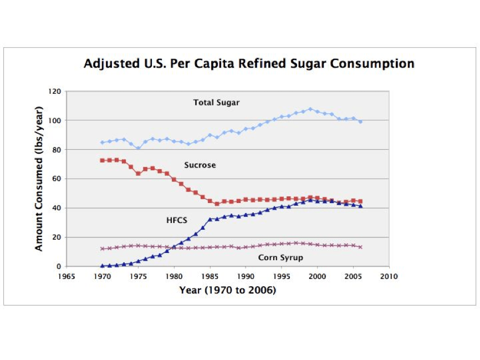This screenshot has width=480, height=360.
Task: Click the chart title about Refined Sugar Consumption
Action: coord(249,64)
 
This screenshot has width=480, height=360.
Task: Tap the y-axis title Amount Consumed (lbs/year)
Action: coord(39,180)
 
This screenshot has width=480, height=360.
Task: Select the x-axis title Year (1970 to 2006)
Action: coord(227,290)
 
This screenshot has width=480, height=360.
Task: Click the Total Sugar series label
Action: coord(216,103)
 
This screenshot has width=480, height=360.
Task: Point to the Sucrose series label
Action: coord(200,165)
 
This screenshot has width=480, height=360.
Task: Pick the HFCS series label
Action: coord(177,220)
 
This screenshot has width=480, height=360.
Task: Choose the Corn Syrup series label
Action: coord(280,258)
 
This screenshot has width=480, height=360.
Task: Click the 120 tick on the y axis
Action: coord(54,92)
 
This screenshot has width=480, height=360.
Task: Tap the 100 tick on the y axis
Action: coord(54,120)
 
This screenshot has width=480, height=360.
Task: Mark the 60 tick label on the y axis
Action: coord(56,179)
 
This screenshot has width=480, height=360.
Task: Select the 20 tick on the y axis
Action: coord(56,237)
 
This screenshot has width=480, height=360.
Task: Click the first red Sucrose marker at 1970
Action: coord(102,160)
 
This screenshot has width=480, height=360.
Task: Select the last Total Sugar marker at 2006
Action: coord(360,121)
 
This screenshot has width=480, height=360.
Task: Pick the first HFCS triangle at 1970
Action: coord(102,266)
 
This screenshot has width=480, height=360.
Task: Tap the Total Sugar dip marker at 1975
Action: coord(138,148)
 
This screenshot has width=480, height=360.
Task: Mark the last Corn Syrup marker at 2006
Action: coord(360,247)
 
